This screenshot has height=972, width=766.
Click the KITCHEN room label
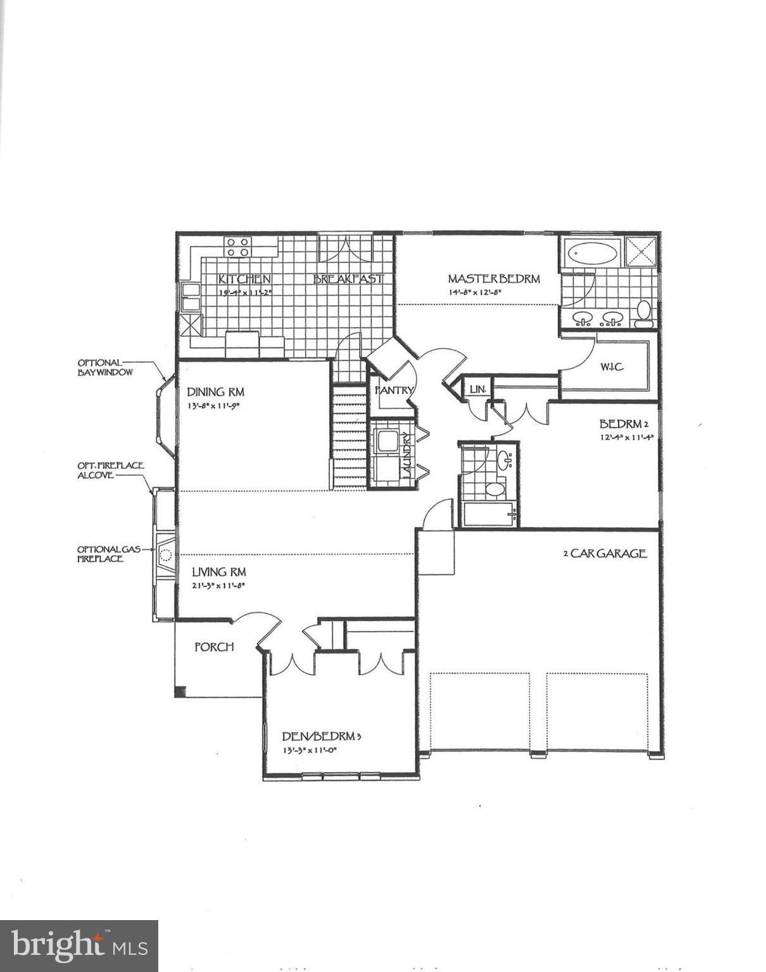pos(244,279)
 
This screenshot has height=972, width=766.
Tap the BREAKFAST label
pos(348,279)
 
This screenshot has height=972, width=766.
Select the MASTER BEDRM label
pos(494,278)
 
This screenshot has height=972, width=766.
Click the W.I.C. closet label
pos(612,366)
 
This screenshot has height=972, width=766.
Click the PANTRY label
pos(394,390)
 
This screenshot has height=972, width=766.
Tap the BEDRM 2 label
pos(624,423)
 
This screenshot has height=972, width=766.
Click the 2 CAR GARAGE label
pos(605,554)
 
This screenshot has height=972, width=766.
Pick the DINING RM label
pos(215,392)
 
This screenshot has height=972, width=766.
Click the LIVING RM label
pos(219,572)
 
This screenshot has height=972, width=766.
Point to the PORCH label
pos(214,647)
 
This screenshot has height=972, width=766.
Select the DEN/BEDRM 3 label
pos(322,737)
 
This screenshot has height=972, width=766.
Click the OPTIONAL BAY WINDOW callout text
pos(105,368)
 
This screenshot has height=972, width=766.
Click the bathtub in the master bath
pos(593,254)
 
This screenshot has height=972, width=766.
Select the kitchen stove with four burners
pos(238,247)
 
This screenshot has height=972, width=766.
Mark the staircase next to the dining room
pos(349,437)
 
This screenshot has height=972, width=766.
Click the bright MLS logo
pos(79,946)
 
